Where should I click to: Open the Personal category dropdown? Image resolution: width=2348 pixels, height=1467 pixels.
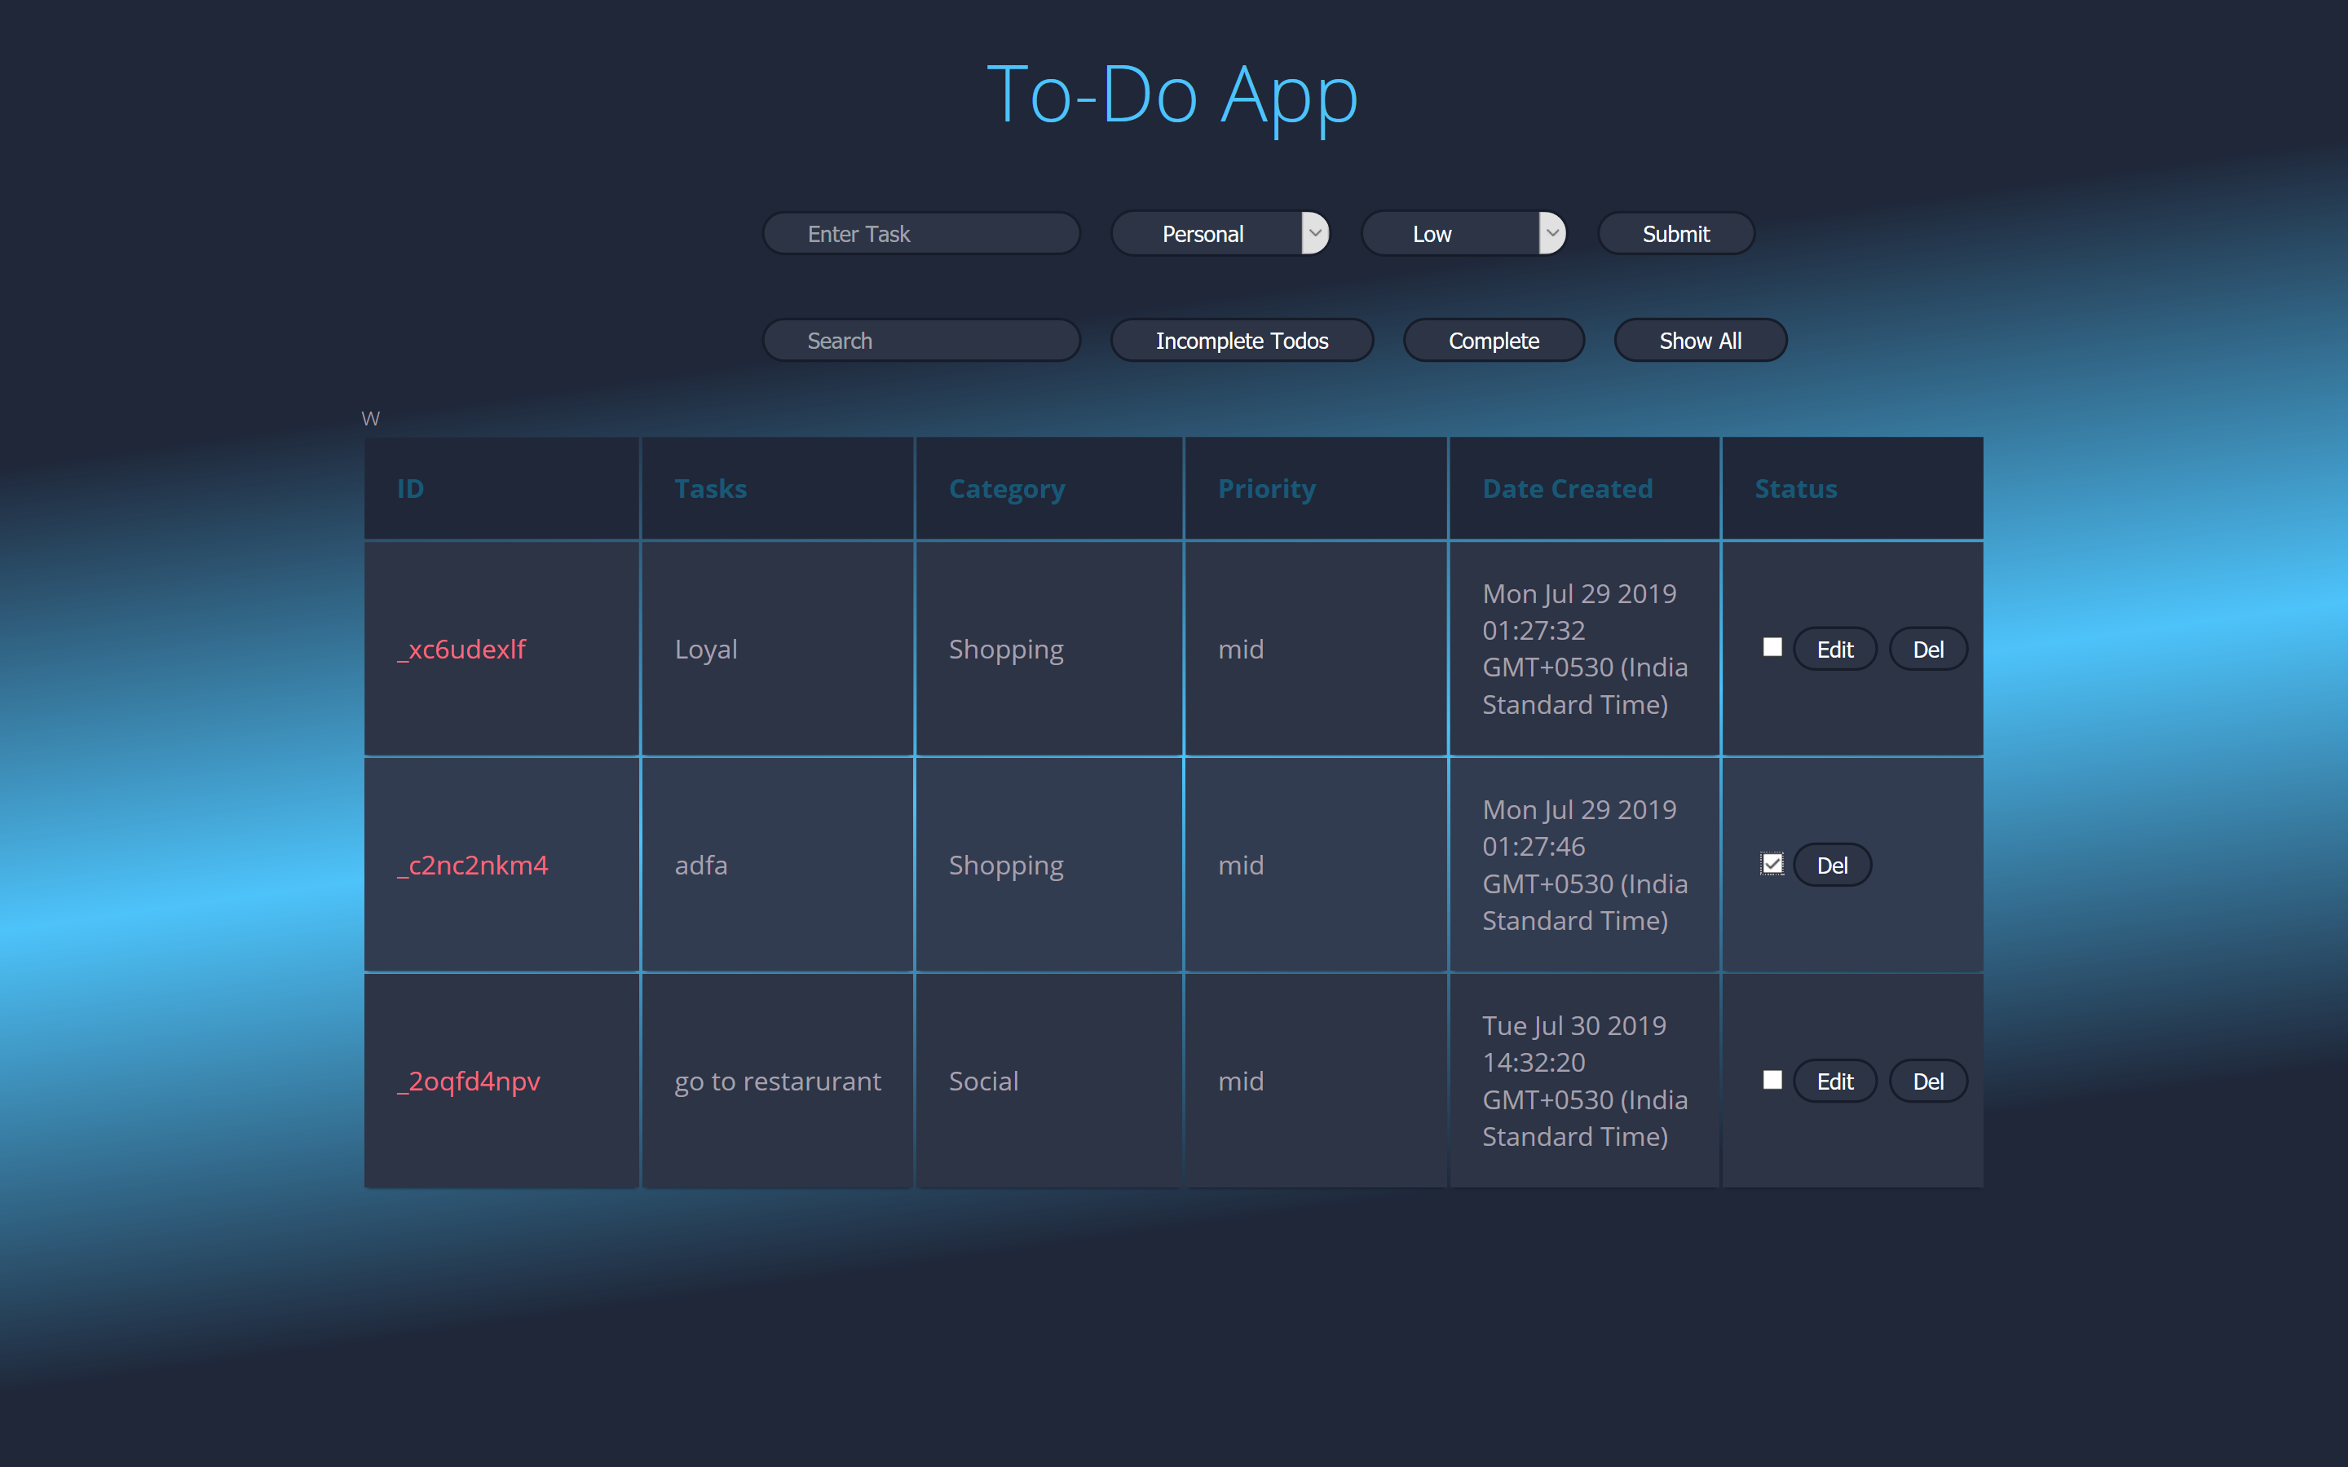(x=1220, y=234)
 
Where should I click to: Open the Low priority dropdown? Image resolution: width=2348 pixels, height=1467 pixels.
(x=1463, y=234)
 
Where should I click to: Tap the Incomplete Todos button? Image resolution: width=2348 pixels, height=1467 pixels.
(x=1241, y=341)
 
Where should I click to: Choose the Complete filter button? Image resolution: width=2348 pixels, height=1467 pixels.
(x=1494, y=341)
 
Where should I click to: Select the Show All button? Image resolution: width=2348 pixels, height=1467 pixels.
(x=1700, y=341)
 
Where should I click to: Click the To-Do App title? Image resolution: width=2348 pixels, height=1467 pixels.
(x=1172, y=95)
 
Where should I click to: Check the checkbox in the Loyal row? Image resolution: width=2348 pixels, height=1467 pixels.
(x=1772, y=647)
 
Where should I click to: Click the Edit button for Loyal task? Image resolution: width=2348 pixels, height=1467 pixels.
(x=1834, y=649)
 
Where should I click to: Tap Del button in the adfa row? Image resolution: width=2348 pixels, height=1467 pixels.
(x=1831, y=866)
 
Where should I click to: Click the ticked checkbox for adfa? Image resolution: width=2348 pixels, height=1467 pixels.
(x=1772, y=864)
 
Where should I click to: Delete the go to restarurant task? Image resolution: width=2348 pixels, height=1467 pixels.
(x=1928, y=1081)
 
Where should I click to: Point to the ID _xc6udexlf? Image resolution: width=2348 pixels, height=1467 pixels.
(x=461, y=649)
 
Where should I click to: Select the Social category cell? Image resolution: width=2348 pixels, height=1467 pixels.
(x=983, y=1081)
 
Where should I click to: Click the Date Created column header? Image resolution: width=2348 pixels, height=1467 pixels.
(x=1567, y=489)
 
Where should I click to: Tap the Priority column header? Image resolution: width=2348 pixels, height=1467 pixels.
(x=1266, y=489)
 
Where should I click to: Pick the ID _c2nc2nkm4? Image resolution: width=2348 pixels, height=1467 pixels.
(x=473, y=866)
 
